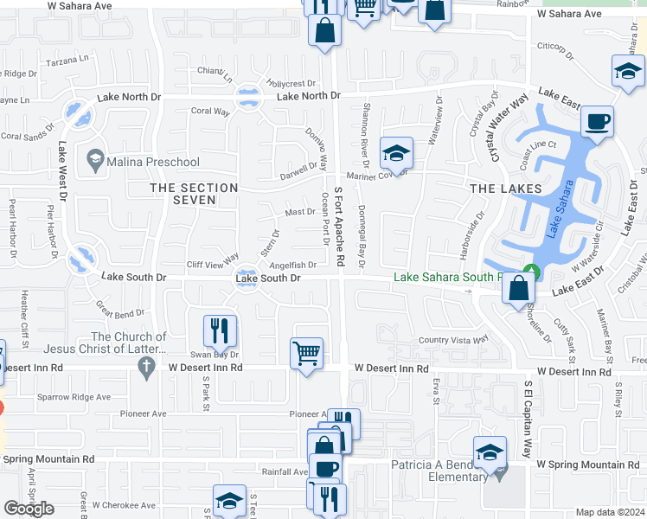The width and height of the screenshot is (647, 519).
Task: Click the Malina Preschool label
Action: point(153,162)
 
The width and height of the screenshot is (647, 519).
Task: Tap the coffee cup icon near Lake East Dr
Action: point(596,122)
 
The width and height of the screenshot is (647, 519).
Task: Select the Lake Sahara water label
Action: point(560,210)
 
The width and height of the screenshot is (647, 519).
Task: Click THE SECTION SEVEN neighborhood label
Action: point(194,194)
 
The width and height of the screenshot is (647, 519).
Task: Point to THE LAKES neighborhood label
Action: point(505,188)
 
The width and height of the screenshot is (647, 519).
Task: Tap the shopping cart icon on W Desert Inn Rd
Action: point(306,354)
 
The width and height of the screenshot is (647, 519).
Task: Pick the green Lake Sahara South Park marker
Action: point(532,272)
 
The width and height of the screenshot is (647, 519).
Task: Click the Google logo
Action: point(29,509)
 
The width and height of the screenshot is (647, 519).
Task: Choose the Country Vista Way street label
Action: point(454,341)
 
